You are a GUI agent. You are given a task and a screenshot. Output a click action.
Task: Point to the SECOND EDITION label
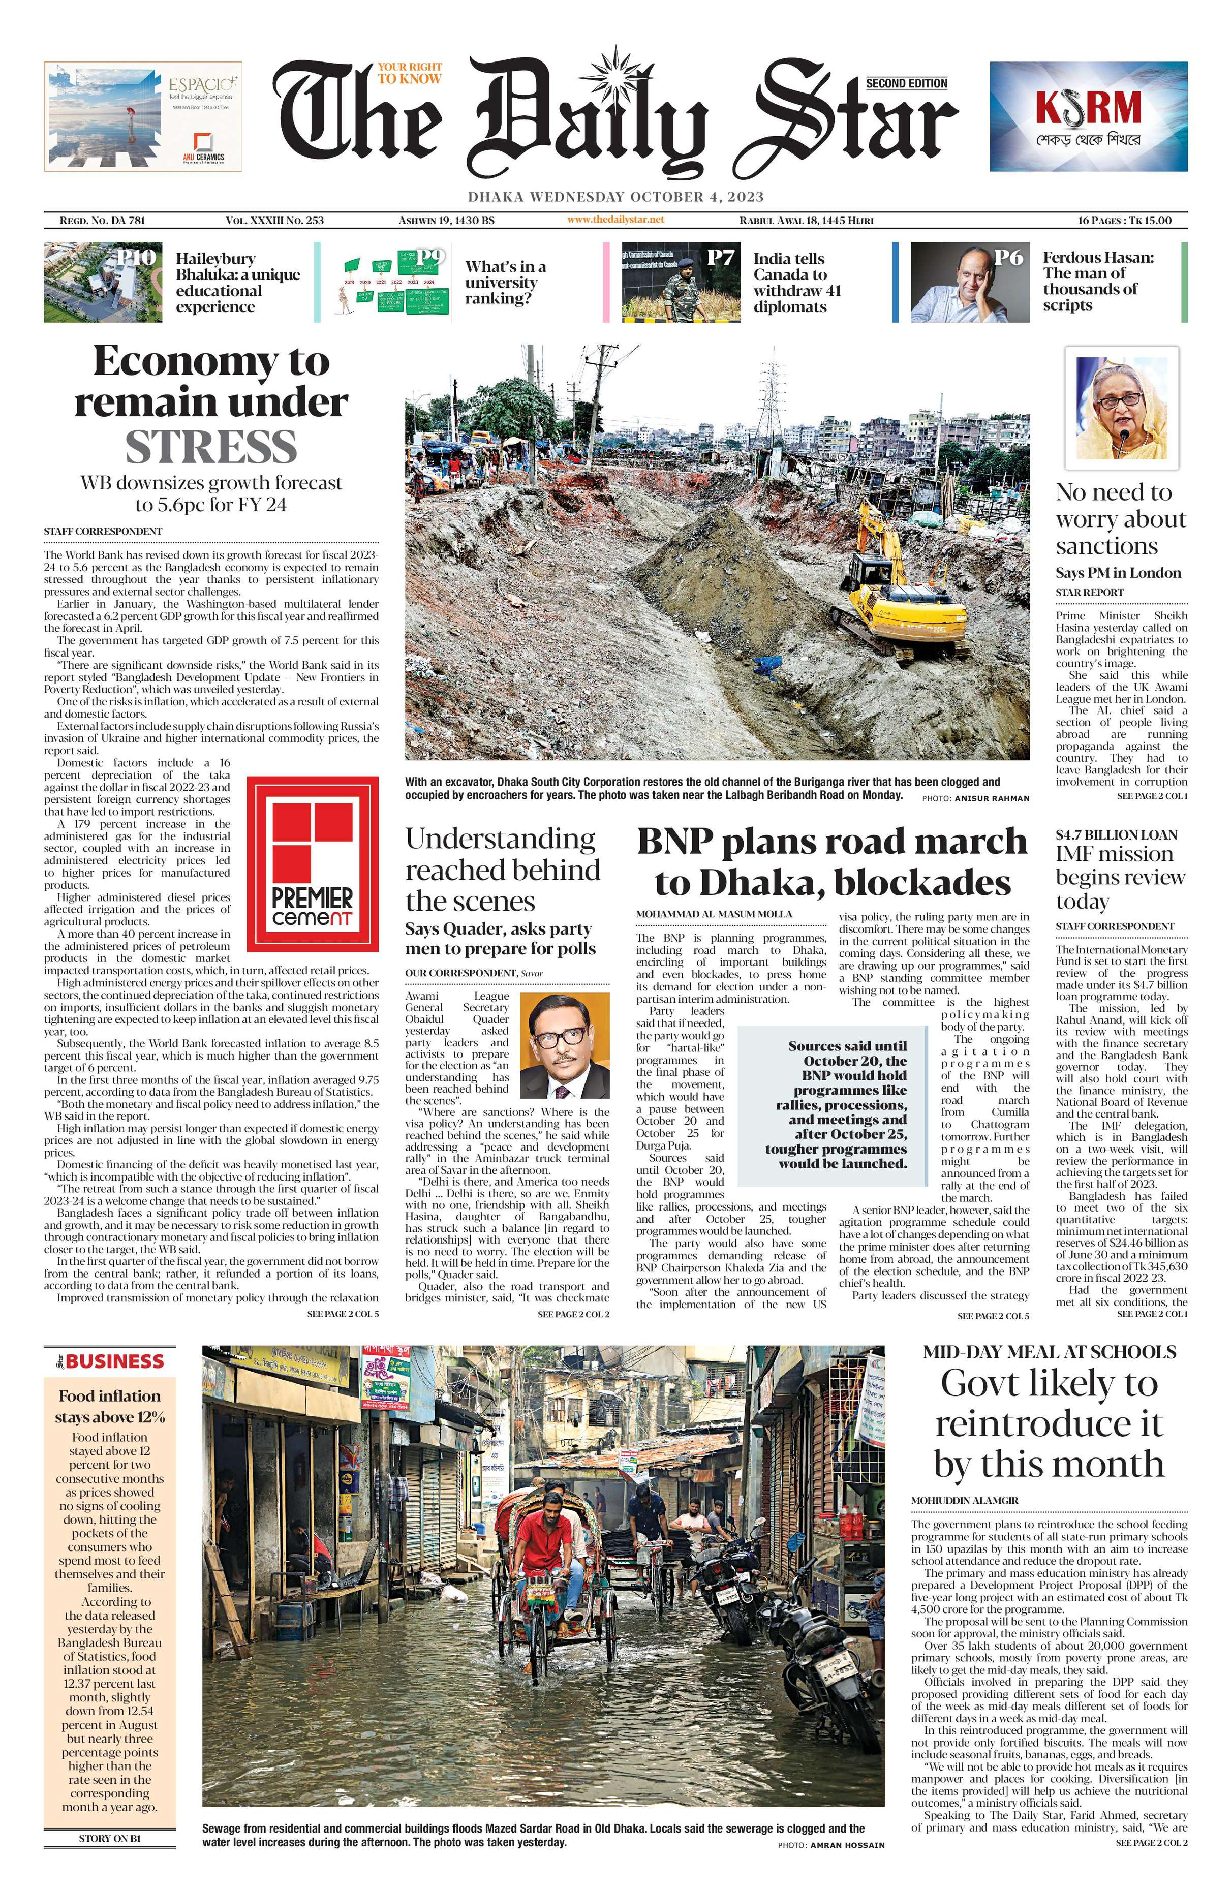tap(906, 83)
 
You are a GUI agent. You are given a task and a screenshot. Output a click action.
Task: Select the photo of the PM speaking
tap(1121, 409)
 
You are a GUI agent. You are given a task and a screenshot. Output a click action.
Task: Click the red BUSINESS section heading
tap(114, 1361)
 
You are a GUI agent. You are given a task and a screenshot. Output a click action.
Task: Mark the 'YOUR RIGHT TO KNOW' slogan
tap(409, 73)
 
